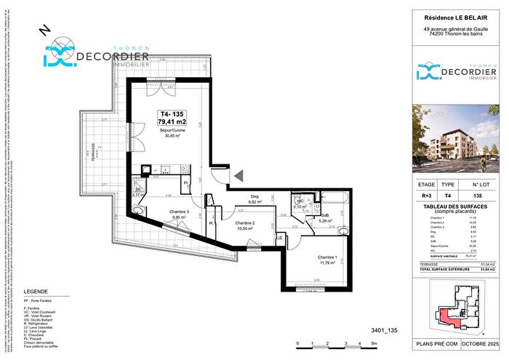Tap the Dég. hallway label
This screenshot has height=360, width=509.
click(x=255, y=196)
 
